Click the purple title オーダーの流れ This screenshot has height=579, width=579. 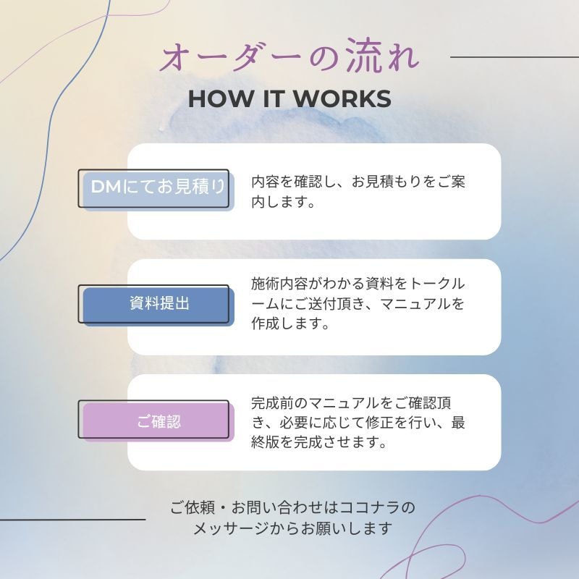(290, 56)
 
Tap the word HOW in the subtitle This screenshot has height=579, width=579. (221, 99)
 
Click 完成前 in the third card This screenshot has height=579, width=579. (273, 403)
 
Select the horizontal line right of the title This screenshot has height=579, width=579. (515, 57)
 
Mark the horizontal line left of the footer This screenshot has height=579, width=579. (73, 520)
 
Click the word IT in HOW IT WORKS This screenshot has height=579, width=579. (274, 99)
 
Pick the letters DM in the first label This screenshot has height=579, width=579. (106, 187)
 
